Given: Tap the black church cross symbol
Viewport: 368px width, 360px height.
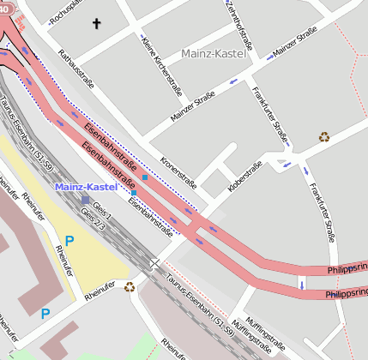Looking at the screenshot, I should (x=96, y=25).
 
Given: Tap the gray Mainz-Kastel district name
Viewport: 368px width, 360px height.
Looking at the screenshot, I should (x=214, y=54).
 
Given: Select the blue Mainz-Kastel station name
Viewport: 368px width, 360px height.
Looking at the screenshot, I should (x=83, y=186).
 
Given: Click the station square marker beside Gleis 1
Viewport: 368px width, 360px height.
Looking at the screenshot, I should (x=85, y=200).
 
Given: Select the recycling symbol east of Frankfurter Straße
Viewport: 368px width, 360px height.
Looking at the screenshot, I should (x=324, y=136).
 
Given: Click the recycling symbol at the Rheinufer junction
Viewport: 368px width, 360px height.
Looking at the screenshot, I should (x=130, y=287).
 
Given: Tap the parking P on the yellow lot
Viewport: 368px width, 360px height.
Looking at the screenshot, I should (x=69, y=241).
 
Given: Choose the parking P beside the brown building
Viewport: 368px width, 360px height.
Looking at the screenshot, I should (x=45, y=315).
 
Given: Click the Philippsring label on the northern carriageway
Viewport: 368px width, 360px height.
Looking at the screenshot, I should (x=347, y=270).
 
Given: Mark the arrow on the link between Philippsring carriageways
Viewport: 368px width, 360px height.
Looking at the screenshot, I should (x=301, y=283).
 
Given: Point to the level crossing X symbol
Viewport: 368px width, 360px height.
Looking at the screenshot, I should (x=153, y=263).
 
